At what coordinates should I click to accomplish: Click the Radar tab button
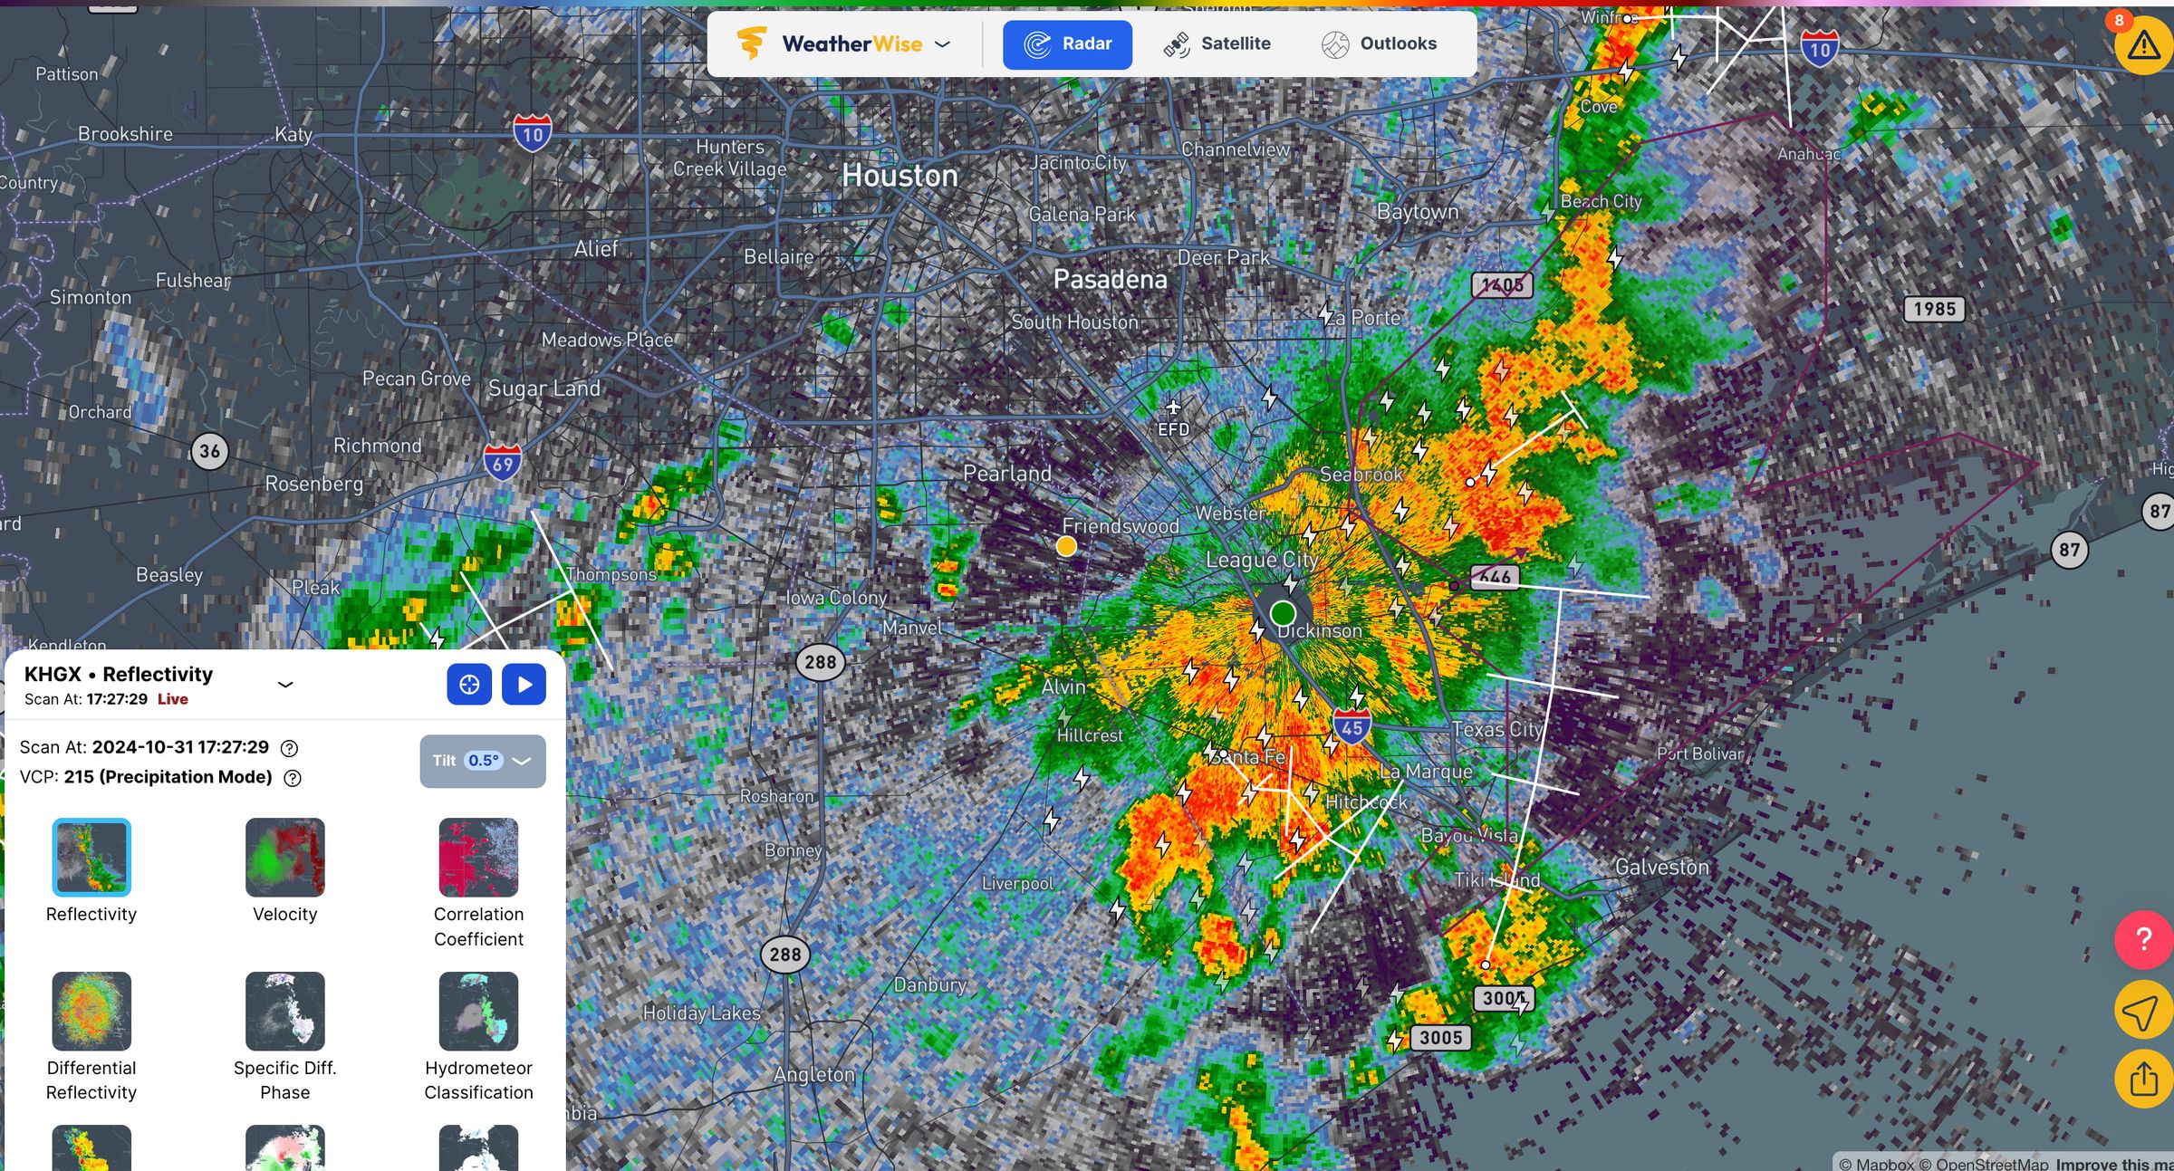tap(1067, 44)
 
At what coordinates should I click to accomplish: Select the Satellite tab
tap(1217, 44)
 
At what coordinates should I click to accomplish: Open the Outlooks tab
tap(1379, 44)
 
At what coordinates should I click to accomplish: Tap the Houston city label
tap(899, 176)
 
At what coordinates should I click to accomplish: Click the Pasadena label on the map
tap(1110, 280)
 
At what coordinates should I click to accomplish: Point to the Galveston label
tap(1661, 868)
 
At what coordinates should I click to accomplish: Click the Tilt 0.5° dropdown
tap(483, 761)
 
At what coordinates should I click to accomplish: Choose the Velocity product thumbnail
tap(284, 858)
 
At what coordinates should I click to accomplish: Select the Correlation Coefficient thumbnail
tap(478, 858)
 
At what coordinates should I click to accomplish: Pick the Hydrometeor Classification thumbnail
tap(478, 1011)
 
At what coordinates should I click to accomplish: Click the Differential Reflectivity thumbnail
tap(91, 1011)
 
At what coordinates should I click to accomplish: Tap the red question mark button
tap(2143, 939)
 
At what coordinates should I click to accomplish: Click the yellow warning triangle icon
tap(2143, 44)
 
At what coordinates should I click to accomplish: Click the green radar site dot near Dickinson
tap(1283, 614)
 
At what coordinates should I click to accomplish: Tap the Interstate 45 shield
tap(1352, 726)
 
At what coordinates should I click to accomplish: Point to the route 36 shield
tap(210, 451)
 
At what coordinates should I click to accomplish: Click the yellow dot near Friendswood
tap(1066, 546)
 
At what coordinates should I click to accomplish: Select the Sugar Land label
tap(544, 389)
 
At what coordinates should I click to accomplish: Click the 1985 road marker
tap(1934, 310)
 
